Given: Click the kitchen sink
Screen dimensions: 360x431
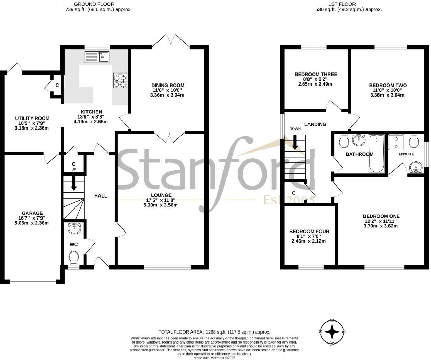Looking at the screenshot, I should [97, 57].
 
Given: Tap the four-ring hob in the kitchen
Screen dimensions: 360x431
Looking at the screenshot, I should [120, 81].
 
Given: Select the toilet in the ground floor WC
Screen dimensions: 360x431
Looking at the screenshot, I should [73, 258].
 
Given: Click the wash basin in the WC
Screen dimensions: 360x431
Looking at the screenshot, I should [73, 227].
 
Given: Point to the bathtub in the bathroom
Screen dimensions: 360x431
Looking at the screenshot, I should [377, 153].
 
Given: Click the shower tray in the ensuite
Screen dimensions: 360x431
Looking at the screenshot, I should [396, 142].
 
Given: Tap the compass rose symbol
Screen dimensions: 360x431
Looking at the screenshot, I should [332, 332].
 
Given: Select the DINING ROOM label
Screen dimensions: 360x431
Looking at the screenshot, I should [168, 85].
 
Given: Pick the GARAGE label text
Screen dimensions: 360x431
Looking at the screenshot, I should [33, 213].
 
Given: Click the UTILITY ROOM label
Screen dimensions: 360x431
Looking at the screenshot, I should [32, 118].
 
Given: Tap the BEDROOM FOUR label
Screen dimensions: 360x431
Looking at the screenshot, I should [309, 232].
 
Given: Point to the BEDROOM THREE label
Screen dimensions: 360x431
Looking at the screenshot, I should [316, 74].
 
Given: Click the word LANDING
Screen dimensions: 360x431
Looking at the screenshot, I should [315, 124].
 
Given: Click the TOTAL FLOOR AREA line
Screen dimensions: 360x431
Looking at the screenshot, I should [214, 332].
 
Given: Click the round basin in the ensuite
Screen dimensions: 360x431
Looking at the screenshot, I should [416, 168].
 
